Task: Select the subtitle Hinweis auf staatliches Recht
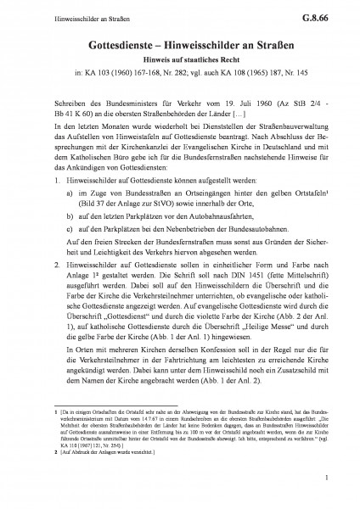[180, 60]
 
